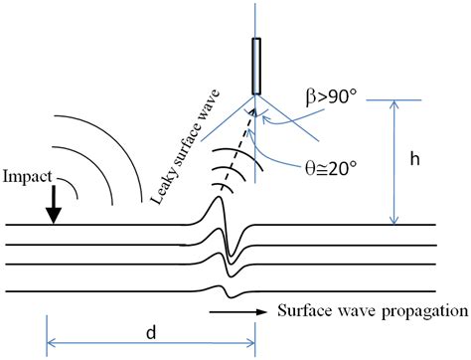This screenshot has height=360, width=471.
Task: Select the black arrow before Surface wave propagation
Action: [239, 311]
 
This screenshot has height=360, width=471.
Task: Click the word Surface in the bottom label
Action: [303, 311]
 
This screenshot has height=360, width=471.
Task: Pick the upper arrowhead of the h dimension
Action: [396, 103]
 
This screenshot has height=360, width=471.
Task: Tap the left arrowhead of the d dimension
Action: [50, 345]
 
